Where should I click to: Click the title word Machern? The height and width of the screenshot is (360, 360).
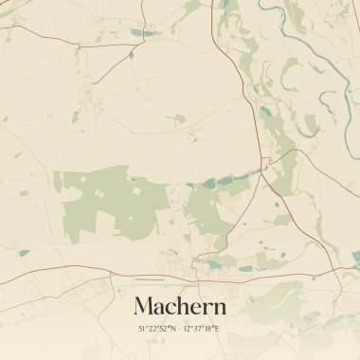point(180,306)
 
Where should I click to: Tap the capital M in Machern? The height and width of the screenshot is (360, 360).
point(144,306)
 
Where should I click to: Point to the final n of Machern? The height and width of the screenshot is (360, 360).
point(220,308)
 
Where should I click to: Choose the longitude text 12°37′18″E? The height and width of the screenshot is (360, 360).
point(202,328)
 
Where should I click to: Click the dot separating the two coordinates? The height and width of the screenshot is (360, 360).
point(180,328)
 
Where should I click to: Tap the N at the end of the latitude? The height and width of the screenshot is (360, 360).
point(173,328)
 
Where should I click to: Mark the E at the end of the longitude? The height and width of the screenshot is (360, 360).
point(217,328)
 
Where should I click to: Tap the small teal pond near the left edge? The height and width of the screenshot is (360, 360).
point(23,252)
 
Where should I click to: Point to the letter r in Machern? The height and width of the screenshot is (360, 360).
point(207,308)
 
